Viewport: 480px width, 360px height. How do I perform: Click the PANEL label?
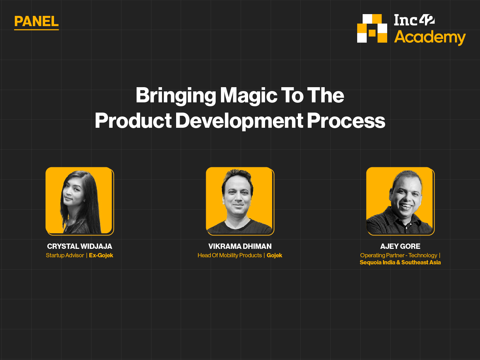[x=36, y=22]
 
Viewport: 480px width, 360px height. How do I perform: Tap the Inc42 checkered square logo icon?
[x=372, y=28]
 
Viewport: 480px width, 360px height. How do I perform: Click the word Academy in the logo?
[x=430, y=37]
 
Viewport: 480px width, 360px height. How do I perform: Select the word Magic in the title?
[x=248, y=96]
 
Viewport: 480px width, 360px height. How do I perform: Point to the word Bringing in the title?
[x=176, y=96]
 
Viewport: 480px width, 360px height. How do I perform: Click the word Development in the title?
[x=239, y=121]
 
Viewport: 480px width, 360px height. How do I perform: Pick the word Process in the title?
[x=346, y=121]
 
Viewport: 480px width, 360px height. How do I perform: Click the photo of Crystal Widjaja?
[x=80, y=201]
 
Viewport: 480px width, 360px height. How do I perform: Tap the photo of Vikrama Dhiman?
[x=240, y=201]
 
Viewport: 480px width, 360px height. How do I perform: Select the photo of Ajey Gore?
[x=400, y=201]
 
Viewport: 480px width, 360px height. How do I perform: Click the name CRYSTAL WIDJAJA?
[x=80, y=246]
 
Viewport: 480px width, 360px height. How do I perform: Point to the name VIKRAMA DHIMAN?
[x=240, y=246]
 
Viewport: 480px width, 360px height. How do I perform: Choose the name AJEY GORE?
[x=400, y=246]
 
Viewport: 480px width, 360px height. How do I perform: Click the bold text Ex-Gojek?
[x=101, y=255]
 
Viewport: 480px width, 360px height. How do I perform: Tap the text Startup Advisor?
[x=65, y=255]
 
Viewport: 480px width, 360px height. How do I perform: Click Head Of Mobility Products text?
[x=230, y=255]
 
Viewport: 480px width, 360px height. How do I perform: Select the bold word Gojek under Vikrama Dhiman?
[x=275, y=255]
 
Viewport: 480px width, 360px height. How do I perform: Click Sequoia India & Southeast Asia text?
[x=400, y=262]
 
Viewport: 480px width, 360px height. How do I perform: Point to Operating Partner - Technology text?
[x=399, y=255]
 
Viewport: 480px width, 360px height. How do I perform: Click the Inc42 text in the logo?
[x=414, y=20]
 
